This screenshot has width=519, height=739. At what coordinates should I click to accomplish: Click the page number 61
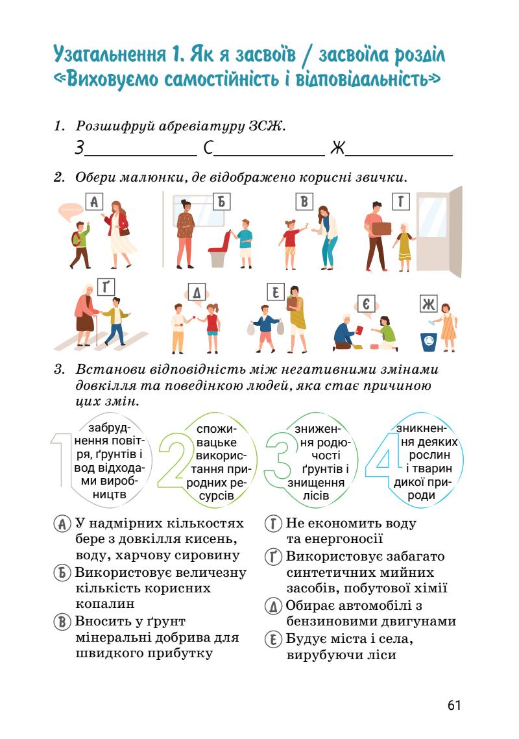point(453,705)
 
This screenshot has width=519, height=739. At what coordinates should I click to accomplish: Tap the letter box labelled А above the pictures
point(95,202)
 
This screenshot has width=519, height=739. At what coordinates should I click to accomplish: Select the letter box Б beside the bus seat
point(221,202)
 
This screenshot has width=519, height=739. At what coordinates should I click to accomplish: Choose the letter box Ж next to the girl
point(429,304)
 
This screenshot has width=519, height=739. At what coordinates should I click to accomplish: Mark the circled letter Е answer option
point(274,640)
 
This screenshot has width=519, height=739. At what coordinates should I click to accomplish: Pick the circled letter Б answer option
point(62,573)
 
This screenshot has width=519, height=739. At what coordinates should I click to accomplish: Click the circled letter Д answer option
point(274,606)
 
